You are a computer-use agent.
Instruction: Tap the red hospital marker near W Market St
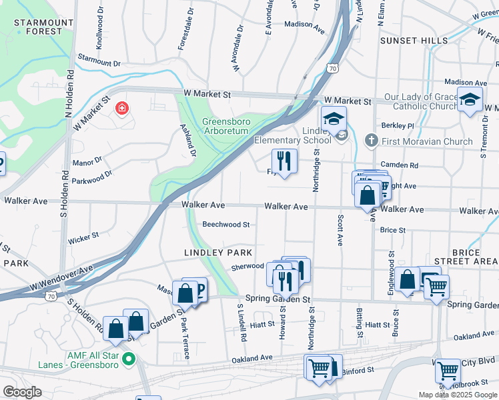click(121, 107)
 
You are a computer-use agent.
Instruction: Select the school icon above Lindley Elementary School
click(333, 119)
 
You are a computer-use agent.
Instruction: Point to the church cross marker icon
click(372, 140)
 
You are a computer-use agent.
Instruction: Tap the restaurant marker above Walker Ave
click(284, 161)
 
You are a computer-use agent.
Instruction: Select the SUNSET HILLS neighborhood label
click(414, 41)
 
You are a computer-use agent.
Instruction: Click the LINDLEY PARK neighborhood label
click(218, 253)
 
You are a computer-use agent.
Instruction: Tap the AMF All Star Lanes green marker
click(131, 360)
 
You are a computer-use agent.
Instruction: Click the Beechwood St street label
click(226, 225)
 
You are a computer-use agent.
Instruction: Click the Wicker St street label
click(83, 235)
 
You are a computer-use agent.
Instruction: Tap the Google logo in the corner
click(22, 392)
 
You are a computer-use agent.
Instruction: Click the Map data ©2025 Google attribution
click(457, 395)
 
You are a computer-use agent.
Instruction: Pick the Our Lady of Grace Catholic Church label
click(421, 101)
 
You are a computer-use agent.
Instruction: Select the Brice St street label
click(392, 230)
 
